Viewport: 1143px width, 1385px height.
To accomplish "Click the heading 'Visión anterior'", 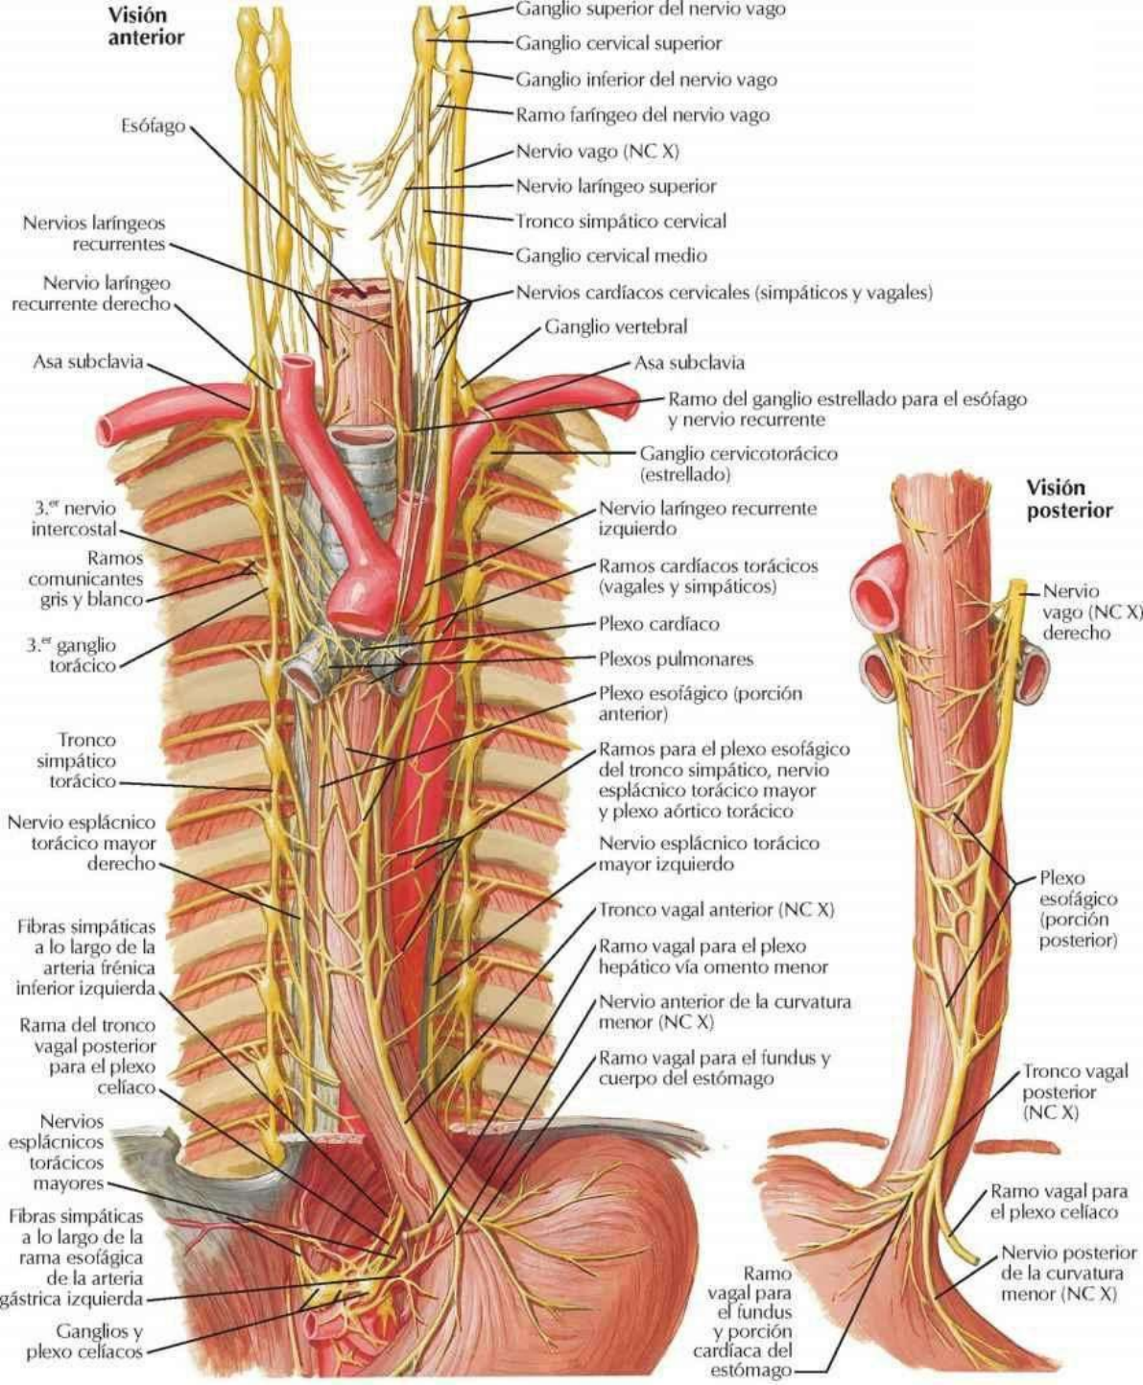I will tap(145, 27).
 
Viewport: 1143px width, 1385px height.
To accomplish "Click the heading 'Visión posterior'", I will tap(1069, 498).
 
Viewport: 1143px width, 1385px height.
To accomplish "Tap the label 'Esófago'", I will tap(153, 126).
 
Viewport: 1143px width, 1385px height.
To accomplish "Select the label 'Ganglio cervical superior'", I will tap(618, 43).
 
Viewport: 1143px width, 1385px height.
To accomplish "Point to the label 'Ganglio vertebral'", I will tap(615, 326).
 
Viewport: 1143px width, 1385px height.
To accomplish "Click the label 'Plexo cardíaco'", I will tap(658, 624).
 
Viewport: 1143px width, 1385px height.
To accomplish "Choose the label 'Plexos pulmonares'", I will tap(676, 659).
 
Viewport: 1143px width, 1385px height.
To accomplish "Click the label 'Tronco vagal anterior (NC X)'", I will tap(716, 909).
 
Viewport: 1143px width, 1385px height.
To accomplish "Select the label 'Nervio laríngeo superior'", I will tap(615, 186).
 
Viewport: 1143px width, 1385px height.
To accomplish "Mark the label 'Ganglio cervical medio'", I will tap(610, 255).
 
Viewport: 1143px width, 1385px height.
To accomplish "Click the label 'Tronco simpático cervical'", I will tap(620, 221).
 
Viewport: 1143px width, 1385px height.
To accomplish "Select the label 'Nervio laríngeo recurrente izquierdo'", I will tap(707, 517).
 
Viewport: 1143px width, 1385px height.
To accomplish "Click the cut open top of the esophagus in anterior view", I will tap(361, 289).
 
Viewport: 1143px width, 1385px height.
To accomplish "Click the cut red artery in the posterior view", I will tap(875, 592).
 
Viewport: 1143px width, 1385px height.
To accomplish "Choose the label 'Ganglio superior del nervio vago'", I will tap(650, 9).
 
